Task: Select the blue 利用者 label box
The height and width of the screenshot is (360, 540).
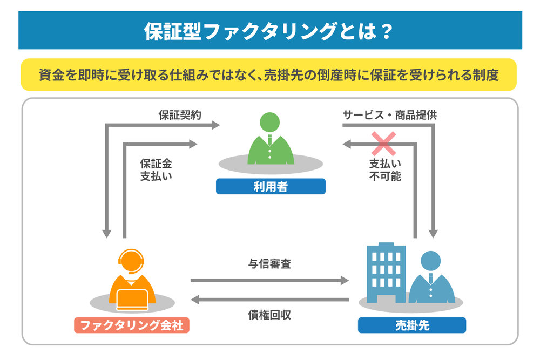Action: pyautogui.click(x=271, y=187)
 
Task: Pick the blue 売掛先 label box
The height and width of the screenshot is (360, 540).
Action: pyautogui.click(x=411, y=325)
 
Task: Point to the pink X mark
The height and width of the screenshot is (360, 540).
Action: pyautogui.click(x=382, y=143)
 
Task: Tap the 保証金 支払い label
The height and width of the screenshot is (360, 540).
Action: pyautogui.click(x=156, y=169)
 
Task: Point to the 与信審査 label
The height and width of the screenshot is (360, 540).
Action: pyautogui.click(x=270, y=265)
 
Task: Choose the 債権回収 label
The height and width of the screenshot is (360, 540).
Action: pyautogui.click(x=270, y=315)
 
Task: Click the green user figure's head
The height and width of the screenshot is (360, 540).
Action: pyautogui.click(x=271, y=124)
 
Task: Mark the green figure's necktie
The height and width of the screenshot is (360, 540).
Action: pyautogui.click(x=271, y=141)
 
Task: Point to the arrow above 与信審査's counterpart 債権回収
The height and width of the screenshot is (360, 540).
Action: pyautogui.click(x=270, y=300)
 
